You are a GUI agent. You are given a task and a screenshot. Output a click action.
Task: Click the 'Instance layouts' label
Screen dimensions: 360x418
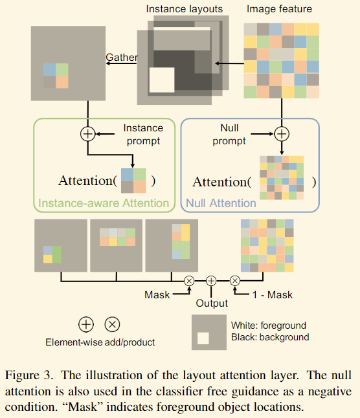pos(185,9)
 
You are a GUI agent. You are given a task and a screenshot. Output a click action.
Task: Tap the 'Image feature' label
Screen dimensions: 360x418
pos(279,9)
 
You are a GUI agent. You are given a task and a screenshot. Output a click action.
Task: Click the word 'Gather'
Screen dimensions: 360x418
pos(122,58)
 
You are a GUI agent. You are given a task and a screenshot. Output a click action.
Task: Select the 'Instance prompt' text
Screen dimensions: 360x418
pos(143,135)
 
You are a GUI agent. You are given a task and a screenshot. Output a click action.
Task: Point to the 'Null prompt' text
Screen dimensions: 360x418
pos(229,135)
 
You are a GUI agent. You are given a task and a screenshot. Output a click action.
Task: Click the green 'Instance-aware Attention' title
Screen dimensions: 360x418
pos(104,203)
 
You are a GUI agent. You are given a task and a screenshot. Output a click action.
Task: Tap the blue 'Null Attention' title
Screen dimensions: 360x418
pos(221,203)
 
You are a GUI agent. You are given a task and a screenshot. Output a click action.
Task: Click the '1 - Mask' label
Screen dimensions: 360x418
pos(273,295)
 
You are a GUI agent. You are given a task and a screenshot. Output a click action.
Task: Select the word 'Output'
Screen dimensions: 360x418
pos(212,303)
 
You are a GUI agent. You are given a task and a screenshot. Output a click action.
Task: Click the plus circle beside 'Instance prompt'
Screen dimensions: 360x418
pos(87,134)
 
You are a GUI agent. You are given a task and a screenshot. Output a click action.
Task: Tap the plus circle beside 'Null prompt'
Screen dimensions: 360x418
pos(282,134)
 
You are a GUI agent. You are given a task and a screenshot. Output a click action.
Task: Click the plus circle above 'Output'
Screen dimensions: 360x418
pos(211,281)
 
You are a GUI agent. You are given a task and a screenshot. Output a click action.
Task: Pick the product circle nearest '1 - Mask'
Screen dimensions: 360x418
pos(235,281)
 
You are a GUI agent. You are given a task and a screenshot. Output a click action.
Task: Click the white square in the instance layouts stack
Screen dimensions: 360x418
pos(162,80)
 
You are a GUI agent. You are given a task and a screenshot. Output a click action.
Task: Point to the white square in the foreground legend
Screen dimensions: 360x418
pos(203,338)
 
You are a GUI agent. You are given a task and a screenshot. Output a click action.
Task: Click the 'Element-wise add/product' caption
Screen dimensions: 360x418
pos(100,342)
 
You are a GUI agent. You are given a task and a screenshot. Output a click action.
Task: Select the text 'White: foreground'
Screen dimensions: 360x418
pos(269,325)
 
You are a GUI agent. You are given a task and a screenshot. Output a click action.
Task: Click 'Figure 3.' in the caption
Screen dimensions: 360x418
pos(28,375)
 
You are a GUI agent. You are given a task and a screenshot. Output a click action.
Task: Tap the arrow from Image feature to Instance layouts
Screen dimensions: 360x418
pos(229,63)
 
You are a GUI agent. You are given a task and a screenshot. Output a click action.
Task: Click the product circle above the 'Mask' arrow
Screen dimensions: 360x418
pos(189,281)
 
